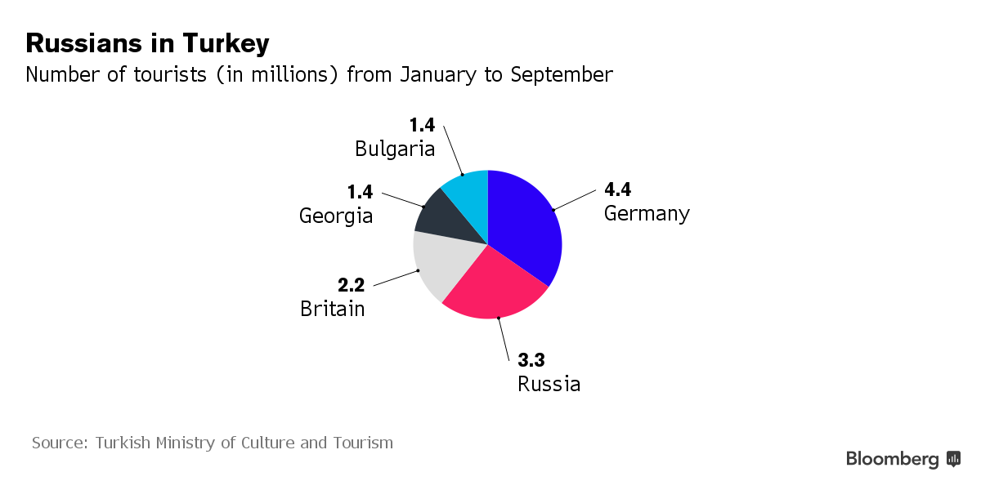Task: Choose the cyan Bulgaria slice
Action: click(x=470, y=192)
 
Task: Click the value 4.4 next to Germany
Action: click(x=617, y=190)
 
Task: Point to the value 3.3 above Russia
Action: click(x=531, y=359)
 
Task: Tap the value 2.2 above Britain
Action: click(x=352, y=285)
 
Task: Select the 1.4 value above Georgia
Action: click(x=360, y=192)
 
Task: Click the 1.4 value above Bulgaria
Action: click(x=422, y=125)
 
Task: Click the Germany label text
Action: click(x=647, y=214)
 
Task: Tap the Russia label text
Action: click(x=549, y=384)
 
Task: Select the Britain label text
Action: click(x=332, y=309)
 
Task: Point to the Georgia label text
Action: click(x=336, y=216)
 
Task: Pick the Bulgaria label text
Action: click(x=394, y=149)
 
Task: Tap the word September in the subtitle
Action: click(x=561, y=74)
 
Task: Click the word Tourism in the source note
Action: click(x=363, y=443)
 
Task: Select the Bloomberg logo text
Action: click(x=892, y=459)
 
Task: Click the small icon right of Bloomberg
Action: click(x=953, y=459)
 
